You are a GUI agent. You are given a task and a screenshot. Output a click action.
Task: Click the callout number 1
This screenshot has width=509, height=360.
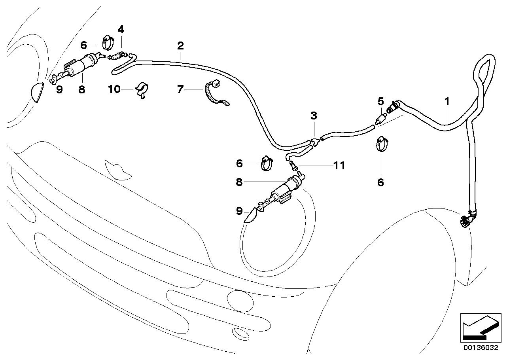coord(447,102)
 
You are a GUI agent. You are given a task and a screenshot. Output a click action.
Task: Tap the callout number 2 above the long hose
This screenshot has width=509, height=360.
coord(180,45)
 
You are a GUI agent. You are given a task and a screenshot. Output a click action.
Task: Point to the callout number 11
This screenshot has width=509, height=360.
coord(339,166)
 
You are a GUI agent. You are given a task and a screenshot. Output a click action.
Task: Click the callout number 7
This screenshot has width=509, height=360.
coord(180,89)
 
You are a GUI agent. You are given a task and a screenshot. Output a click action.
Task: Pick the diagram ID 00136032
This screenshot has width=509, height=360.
coord(479,348)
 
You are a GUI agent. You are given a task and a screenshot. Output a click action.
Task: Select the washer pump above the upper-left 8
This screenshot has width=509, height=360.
coord(81,65)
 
